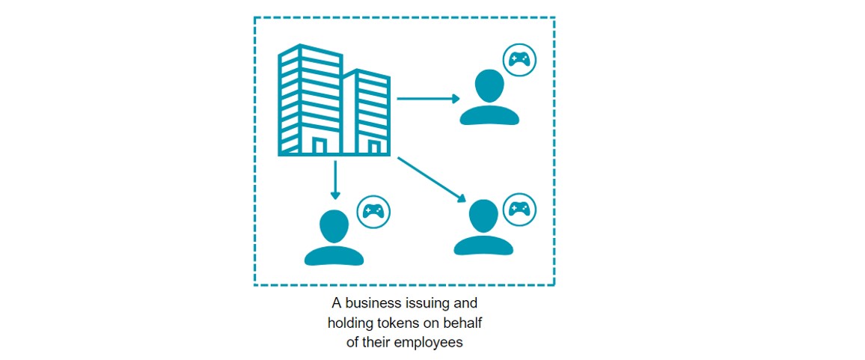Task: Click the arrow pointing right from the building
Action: pyautogui.click(x=428, y=99)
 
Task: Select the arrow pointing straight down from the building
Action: pyautogui.click(x=334, y=180)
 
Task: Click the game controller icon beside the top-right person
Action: pyautogui.click(x=519, y=58)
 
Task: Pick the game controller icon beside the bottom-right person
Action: pyautogui.click(x=519, y=210)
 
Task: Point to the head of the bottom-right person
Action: pyautogui.click(x=483, y=217)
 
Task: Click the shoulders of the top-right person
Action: pyautogui.click(x=489, y=115)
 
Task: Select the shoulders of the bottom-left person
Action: pyautogui.click(x=334, y=256)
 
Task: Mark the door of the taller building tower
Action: pyautogui.click(x=319, y=145)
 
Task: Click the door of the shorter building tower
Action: pyautogui.click(x=374, y=147)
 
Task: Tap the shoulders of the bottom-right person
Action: pyautogui.click(x=483, y=245)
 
